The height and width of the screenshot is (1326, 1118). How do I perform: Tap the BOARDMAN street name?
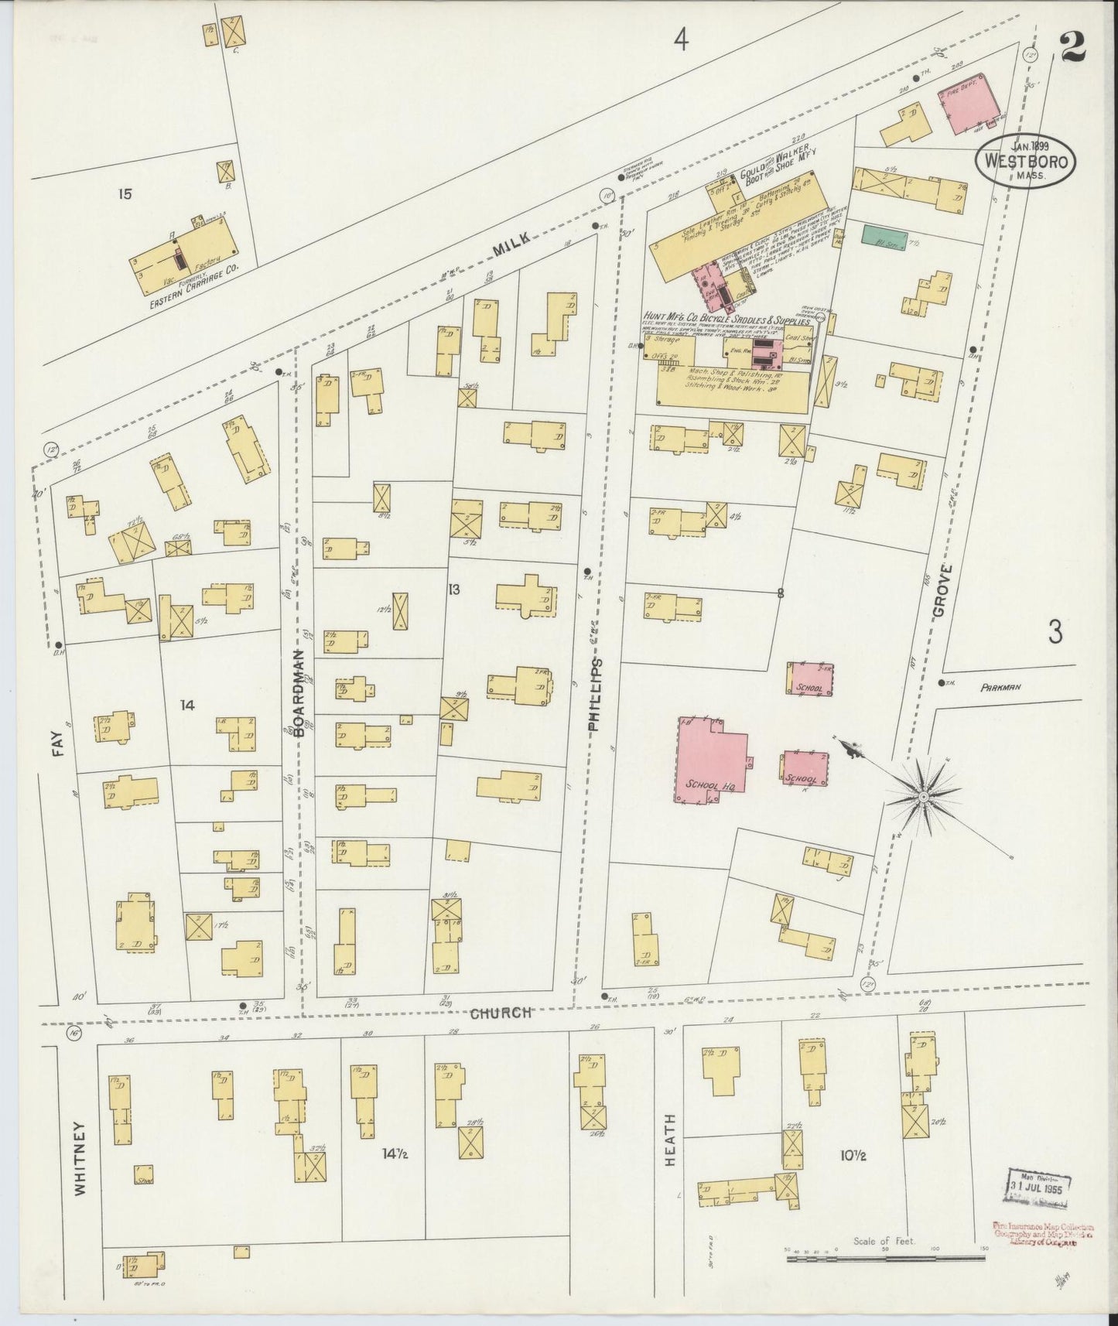299,694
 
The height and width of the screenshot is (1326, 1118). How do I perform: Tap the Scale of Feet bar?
885,1259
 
